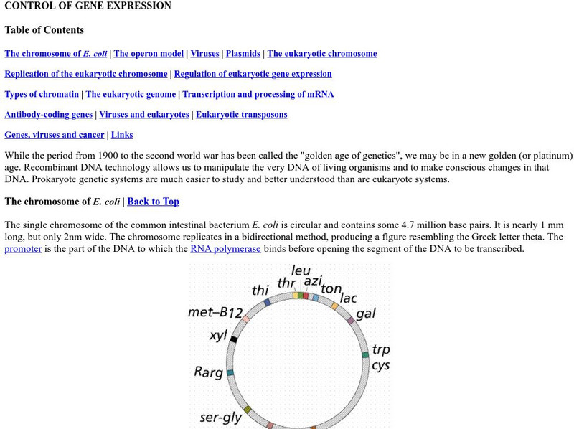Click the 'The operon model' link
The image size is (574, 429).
pos(149,53)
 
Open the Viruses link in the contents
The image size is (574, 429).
pos(205,53)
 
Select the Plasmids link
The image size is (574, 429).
pos(243,53)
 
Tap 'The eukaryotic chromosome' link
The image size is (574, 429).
pos(321,53)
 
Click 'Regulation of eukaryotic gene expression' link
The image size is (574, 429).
pos(253,74)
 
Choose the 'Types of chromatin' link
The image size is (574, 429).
pos(42,94)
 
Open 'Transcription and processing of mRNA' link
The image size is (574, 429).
pos(258,94)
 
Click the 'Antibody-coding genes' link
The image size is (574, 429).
pos(48,114)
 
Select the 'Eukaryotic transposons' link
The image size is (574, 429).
pos(241,114)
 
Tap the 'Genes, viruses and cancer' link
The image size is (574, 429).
pos(54,134)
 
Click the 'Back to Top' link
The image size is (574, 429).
pos(153,202)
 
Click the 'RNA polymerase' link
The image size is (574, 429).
pos(225,249)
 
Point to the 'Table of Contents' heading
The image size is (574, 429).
pos(44,30)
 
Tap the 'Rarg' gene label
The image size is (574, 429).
pos(208,372)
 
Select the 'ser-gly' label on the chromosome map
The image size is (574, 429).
pos(221,416)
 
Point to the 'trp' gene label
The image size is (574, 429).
pos(381,349)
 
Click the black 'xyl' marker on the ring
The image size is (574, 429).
pos(234,339)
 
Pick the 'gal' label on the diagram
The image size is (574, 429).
pos(365,313)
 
